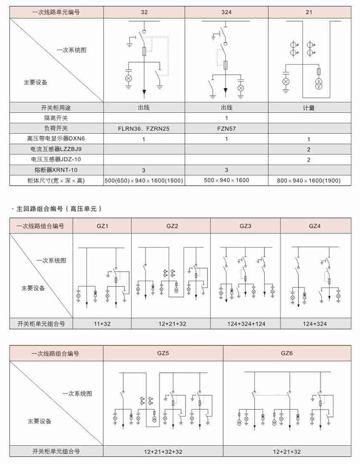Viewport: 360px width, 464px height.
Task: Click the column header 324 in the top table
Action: [x=226, y=12]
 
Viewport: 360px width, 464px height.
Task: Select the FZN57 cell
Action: [x=226, y=128]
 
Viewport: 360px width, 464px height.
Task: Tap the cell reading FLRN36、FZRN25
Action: [x=144, y=128]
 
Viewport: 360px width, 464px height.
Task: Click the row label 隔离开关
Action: [x=56, y=118]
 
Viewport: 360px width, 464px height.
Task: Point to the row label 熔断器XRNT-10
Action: [x=56, y=170]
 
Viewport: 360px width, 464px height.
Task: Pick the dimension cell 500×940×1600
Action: [x=226, y=180]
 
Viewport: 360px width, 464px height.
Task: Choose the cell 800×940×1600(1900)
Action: [x=309, y=180]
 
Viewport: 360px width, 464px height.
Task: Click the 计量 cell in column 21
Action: [x=309, y=108]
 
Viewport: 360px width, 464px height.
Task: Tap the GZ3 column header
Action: [x=245, y=226]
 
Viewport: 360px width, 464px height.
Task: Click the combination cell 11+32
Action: [x=102, y=324]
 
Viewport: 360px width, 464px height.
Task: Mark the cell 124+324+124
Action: [x=245, y=324]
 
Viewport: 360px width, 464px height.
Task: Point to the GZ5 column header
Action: [x=163, y=354]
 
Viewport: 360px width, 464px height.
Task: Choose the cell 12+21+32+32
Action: [x=163, y=452]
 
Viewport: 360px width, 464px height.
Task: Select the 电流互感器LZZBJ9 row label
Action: [x=56, y=149]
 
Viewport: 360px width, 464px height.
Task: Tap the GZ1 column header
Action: [x=102, y=226]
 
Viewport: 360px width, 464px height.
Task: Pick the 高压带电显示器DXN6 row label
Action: [x=56, y=139]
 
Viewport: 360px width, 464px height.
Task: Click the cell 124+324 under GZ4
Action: [x=315, y=324]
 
